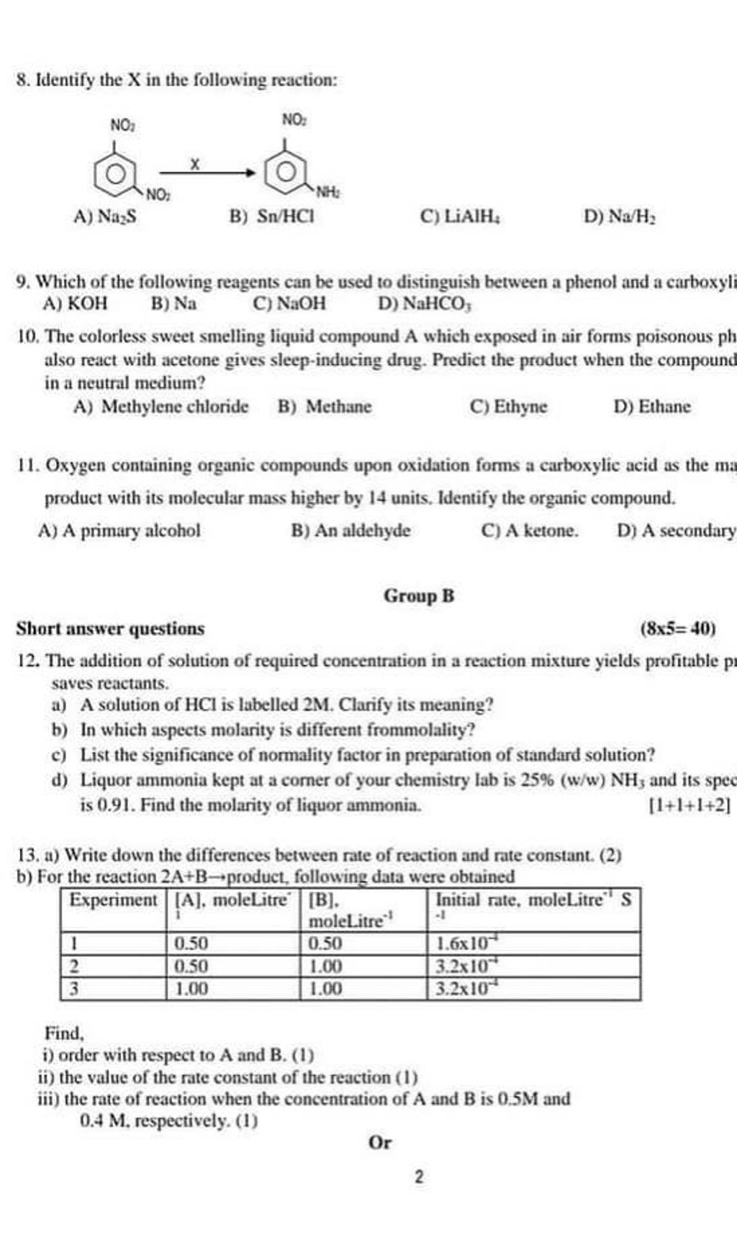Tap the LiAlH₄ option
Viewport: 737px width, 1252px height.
(460, 215)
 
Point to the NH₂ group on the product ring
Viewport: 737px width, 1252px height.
(327, 193)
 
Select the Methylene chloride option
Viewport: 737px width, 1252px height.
(161, 407)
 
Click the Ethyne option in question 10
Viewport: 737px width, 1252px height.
(508, 407)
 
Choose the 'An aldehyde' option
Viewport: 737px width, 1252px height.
(351, 531)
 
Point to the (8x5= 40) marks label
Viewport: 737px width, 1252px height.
(677, 629)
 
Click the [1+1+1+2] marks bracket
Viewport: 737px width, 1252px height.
(690, 805)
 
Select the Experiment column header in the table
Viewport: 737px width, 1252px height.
(113, 900)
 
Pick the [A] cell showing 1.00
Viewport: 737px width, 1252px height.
(191, 989)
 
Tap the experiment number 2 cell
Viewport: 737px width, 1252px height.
(75, 966)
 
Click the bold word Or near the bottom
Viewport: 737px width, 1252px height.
(380, 1143)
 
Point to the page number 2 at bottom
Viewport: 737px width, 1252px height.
(419, 1177)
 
